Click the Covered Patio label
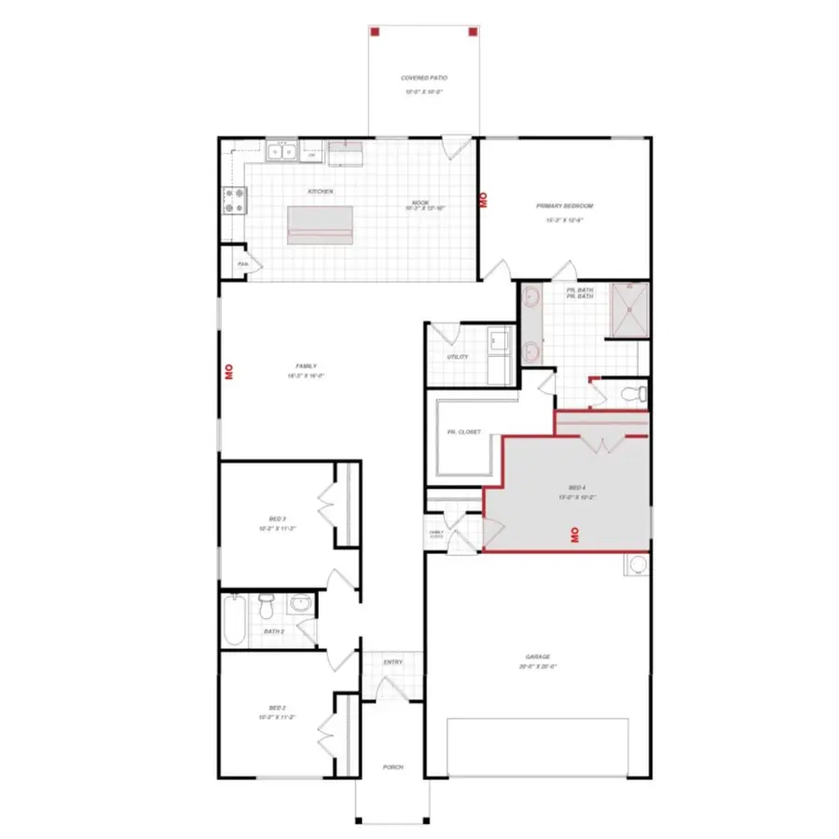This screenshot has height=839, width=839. [x=424, y=78]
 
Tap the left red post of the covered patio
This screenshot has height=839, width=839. [x=375, y=32]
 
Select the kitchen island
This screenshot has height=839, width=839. [x=321, y=224]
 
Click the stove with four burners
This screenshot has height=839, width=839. [x=234, y=200]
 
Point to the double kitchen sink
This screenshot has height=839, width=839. [x=281, y=151]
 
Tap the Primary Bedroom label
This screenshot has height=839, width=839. [x=564, y=206]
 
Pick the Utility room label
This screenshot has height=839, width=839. [x=457, y=357]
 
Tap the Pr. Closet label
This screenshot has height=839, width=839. [x=462, y=432]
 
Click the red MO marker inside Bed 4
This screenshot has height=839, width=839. [x=575, y=534]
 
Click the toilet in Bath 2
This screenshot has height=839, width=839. [x=268, y=608]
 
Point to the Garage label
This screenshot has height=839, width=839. [x=537, y=657]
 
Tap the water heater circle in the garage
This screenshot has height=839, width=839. [x=638, y=565]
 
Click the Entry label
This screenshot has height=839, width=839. [x=392, y=663]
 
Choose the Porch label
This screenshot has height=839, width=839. [x=392, y=767]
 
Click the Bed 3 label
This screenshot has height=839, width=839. [x=276, y=518]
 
